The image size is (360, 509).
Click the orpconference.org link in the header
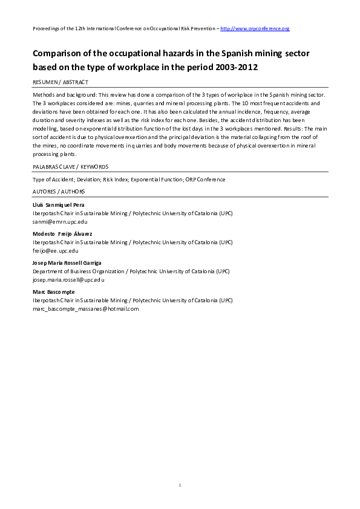tap(255, 28)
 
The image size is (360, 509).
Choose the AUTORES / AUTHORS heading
tap(59, 191)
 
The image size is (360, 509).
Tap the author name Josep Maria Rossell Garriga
tap(67, 262)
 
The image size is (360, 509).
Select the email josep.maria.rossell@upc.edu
tap(68, 279)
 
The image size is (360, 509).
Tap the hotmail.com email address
tap(85, 308)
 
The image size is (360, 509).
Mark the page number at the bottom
tap(180, 485)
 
